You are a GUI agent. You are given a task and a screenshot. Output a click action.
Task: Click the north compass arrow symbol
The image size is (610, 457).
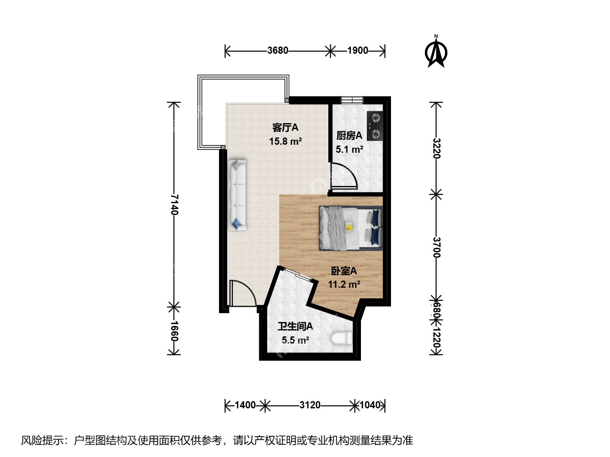436,52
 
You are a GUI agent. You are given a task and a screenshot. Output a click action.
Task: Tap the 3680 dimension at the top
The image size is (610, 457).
277,50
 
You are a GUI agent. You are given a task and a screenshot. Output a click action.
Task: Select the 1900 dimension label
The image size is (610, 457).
358,50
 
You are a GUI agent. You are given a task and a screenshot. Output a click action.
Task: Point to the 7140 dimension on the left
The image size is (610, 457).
174,204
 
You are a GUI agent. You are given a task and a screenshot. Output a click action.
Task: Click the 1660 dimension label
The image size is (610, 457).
174,331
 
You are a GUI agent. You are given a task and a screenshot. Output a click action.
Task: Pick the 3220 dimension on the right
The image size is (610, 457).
437,148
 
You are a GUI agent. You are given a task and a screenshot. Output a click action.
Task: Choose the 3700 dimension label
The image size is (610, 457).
437,247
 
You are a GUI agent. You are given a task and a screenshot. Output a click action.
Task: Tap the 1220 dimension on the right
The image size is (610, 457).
437,338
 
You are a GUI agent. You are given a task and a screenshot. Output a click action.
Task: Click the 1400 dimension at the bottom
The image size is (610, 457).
245,405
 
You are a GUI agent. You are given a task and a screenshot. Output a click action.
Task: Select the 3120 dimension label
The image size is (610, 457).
310,405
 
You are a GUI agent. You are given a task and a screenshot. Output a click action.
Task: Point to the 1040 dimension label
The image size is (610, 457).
370,405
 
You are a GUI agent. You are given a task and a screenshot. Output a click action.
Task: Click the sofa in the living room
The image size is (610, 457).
237,195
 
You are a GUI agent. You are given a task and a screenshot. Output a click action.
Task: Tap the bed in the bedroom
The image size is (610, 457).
351,228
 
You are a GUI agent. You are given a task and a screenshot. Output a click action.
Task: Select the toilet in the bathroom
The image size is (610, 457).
341,339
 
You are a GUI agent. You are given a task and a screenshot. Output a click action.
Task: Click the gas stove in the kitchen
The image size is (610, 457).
375,126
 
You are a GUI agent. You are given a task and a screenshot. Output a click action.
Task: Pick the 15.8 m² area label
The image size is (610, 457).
286,141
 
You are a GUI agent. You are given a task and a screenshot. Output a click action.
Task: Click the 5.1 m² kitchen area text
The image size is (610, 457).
349,149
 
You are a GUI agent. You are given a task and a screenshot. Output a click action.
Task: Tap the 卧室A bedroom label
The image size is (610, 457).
344,271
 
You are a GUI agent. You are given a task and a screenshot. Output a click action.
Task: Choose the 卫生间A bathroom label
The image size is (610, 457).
295,326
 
